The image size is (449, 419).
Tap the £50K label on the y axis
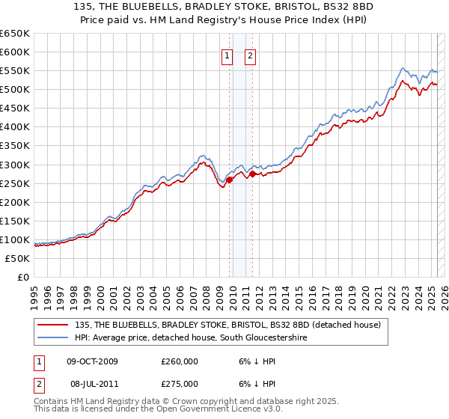(x=18, y=258)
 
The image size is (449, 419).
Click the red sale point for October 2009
(x=229, y=179)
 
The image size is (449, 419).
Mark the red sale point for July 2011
(x=252, y=174)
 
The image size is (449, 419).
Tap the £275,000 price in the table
(x=180, y=383)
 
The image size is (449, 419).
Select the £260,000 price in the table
(x=180, y=361)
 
